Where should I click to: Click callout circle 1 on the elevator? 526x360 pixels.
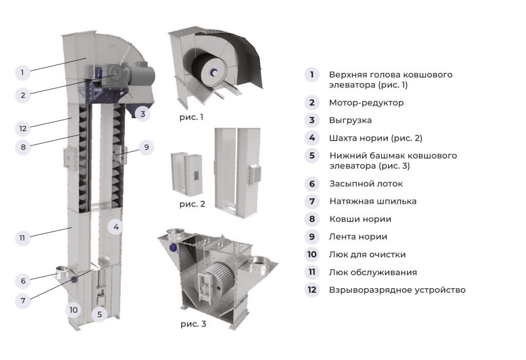tap(23, 72)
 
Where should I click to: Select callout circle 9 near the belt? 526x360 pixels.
tap(146, 147)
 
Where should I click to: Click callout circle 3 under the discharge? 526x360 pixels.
tap(143, 113)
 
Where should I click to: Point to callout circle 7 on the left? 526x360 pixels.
tap(23, 300)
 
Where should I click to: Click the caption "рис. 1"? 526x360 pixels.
tap(191, 117)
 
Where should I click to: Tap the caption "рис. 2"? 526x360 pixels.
tap(192, 204)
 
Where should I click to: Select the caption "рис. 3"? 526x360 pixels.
tap(193, 324)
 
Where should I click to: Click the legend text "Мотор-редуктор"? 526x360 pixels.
tap(366, 103)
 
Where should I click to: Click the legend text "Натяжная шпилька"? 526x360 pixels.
tap(372, 201)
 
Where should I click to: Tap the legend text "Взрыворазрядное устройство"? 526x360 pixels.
tap(397, 290)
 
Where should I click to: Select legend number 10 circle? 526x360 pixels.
tap(312, 255)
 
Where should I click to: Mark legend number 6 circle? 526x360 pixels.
tap(312, 183)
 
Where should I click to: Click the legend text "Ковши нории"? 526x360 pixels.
tap(360, 219)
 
